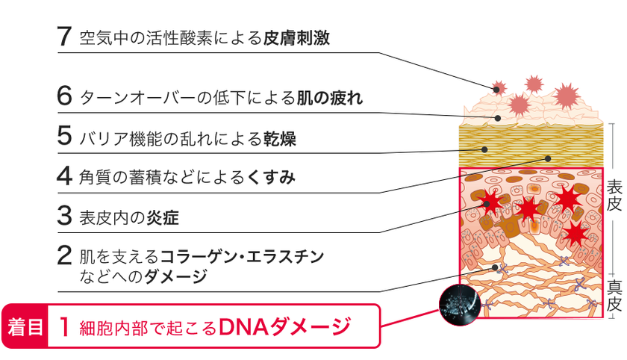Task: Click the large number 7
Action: tap(64, 37)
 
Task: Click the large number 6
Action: tap(64, 96)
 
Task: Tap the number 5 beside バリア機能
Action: tap(64, 136)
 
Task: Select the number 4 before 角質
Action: tap(64, 176)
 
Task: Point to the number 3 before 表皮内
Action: tap(64, 215)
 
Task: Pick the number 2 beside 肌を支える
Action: tap(64, 255)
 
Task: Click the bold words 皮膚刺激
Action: tap(296, 38)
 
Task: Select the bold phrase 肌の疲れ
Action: tap(329, 98)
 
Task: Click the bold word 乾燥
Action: tap(279, 138)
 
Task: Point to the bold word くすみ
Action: tap(271, 177)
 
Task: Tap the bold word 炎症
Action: tap(163, 217)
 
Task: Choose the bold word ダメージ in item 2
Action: tap(175, 276)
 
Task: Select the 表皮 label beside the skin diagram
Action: tap(614, 196)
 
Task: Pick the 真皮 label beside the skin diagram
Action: tap(614, 296)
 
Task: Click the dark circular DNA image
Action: tap(460, 305)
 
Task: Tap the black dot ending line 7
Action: tap(496, 90)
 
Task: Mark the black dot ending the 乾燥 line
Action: tap(484, 149)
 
